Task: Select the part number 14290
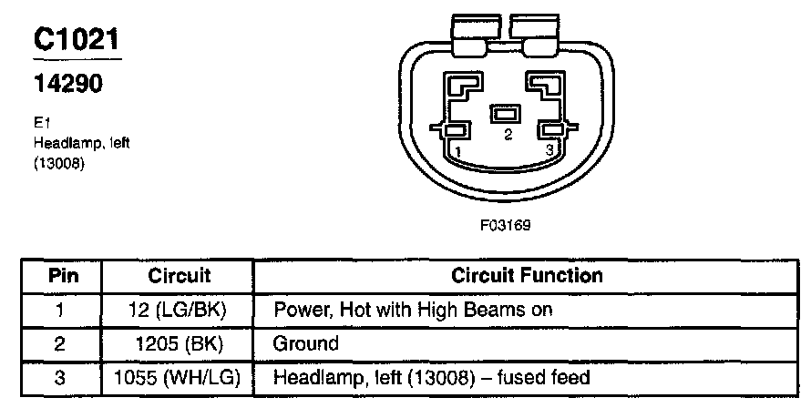[x=68, y=84]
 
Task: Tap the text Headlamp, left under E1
[x=70, y=143]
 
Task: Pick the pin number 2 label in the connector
[x=508, y=134]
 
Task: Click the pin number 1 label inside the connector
[x=458, y=149]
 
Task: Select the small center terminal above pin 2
[x=504, y=115]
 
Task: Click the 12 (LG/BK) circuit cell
[x=179, y=310]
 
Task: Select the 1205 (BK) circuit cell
[x=179, y=344]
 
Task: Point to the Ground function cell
[x=305, y=344]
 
